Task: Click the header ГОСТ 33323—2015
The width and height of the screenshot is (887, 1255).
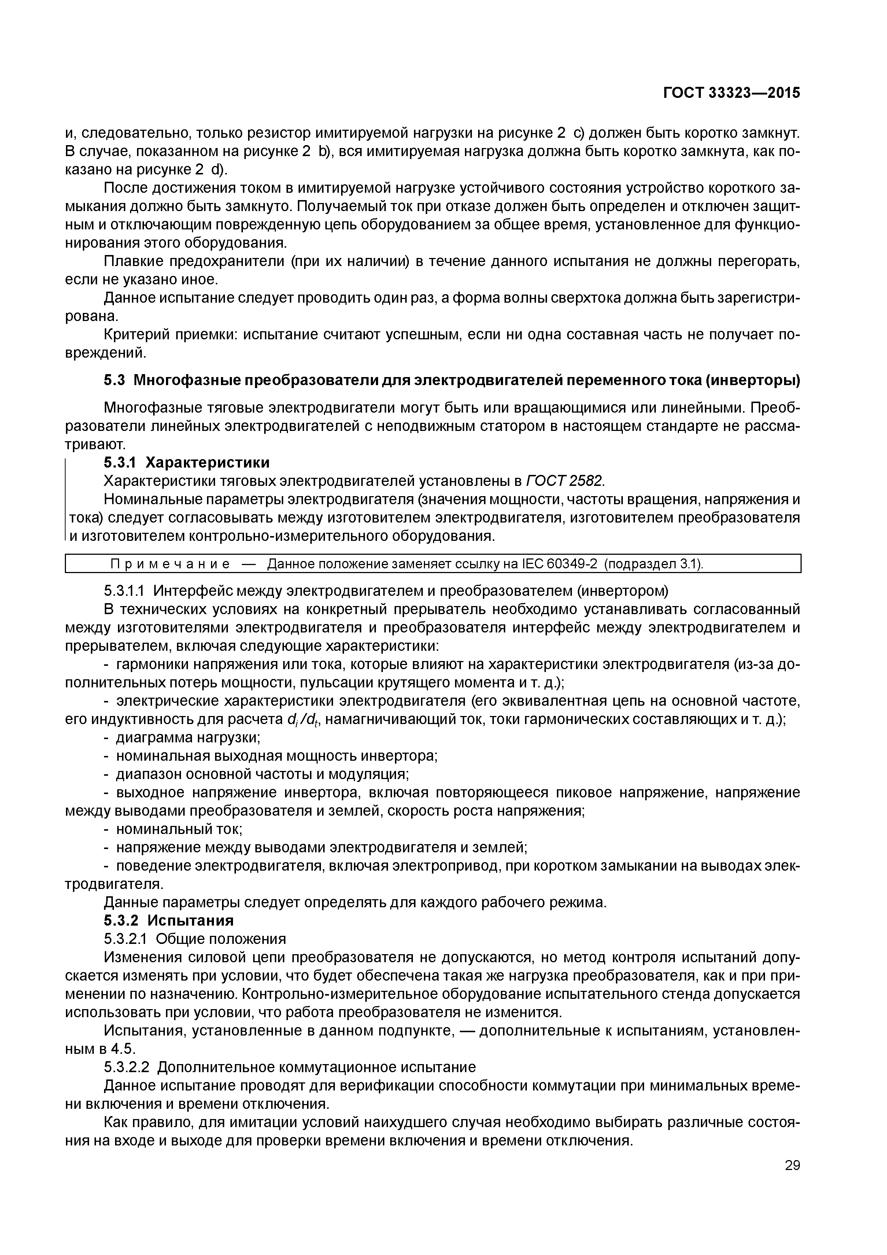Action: click(731, 93)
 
